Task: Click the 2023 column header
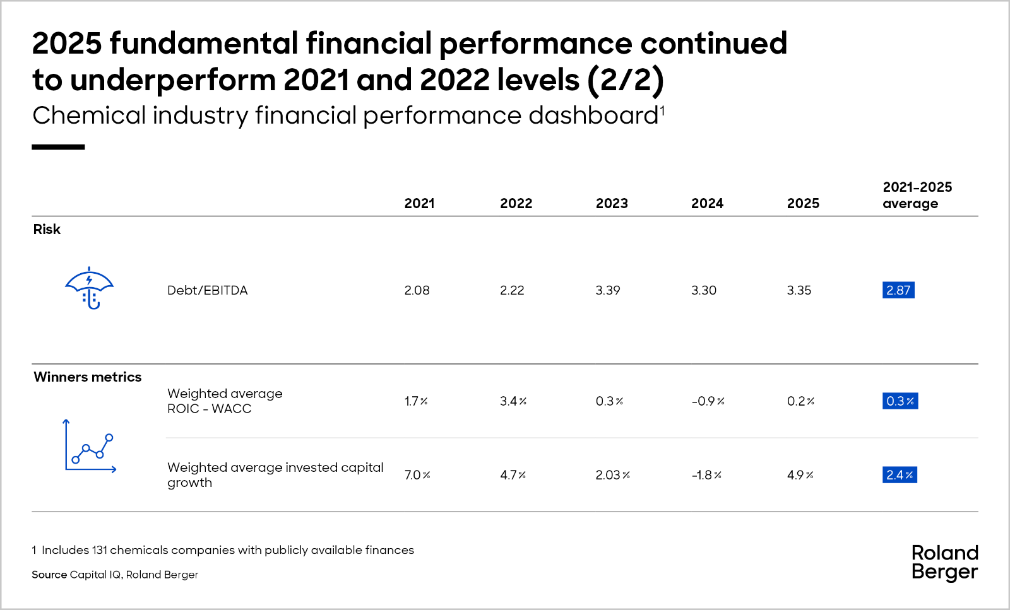612,204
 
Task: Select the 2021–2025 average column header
917,195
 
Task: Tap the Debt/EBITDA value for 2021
417,290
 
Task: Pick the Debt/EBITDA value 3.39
608,290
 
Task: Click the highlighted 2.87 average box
898,290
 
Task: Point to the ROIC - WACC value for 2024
708,401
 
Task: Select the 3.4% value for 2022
513,401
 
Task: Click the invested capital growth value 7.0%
417,475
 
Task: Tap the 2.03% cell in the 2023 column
612,475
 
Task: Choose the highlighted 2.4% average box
900,475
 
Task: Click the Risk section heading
47,230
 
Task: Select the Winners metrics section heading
88,377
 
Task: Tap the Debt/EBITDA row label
208,290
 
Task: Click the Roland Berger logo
944,563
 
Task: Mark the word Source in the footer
49,575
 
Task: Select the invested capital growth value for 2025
800,475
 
